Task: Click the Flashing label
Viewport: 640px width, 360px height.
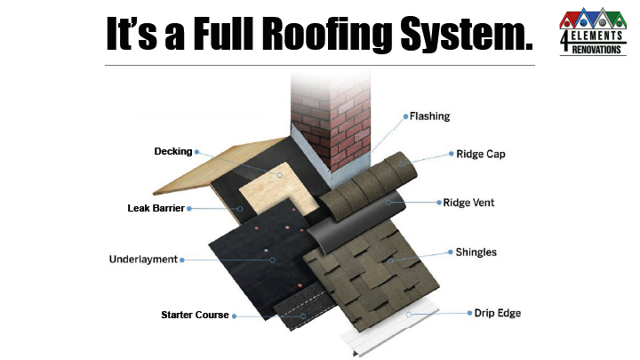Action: pos(430,116)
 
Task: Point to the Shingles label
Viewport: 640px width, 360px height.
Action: pos(476,252)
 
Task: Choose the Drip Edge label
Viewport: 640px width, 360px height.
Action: pos(498,313)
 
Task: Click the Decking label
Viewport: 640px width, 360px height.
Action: pos(172,152)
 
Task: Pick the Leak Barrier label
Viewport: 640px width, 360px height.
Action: pos(156,209)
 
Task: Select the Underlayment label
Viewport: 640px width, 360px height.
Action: pos(142,260)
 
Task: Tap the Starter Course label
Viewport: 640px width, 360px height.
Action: pos(195,315)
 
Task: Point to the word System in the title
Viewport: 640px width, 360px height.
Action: pos(468,35)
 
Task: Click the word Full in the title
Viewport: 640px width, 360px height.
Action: pos(213,35)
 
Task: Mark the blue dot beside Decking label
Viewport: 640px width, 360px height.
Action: pos(196,152)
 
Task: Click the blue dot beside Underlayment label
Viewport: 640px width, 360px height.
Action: pos(182,260)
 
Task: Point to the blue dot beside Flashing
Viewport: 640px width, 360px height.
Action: pos(405,116)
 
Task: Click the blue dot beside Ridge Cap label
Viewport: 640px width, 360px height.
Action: pos(449,154)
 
